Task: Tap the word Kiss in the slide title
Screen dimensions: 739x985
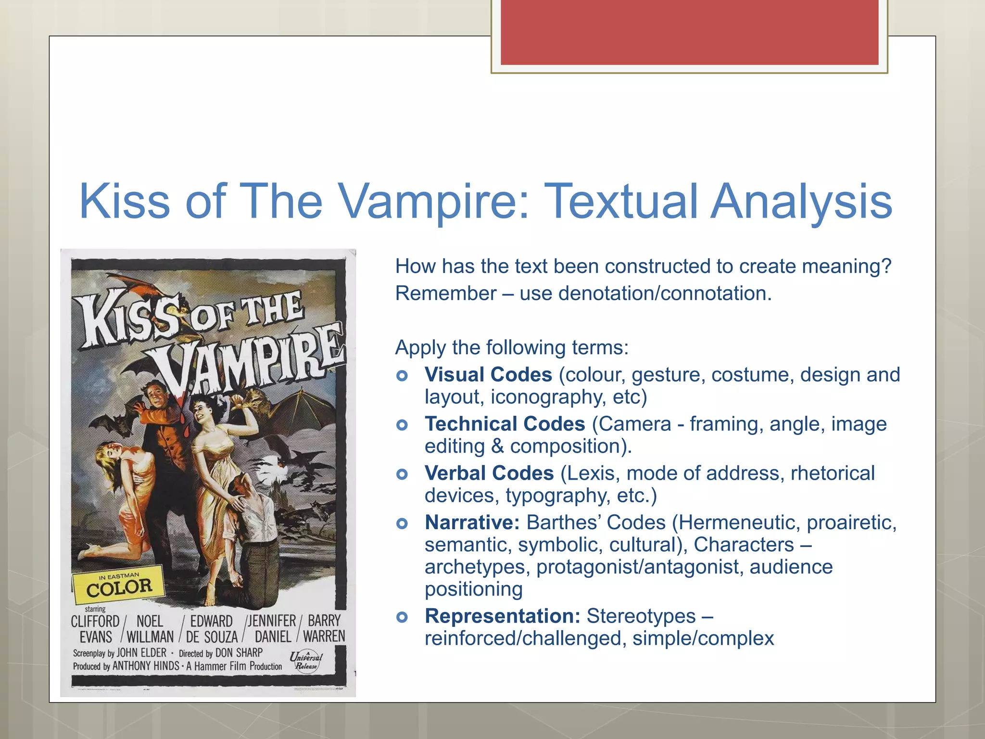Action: (x=124, y=201)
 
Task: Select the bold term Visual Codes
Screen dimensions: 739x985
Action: (x=488, y=375)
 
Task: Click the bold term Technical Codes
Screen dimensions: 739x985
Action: (x=505, y=424)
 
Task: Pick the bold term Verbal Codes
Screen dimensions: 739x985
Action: (x=489, y=473)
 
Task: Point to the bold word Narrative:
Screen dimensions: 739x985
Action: (x=472, y=522)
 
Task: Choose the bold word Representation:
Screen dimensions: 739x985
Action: (x=503, y=616)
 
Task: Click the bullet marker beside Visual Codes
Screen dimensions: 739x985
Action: (x=402, y=376)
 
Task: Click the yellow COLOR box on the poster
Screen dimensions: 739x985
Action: (x=118, y=586)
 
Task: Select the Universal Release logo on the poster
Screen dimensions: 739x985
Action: (x=306, y=660)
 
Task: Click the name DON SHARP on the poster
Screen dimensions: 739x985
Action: (x=239, y=653)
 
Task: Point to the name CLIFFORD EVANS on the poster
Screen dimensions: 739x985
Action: (x=95, y=629)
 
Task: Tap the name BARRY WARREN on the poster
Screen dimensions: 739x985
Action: (x=324, y=629)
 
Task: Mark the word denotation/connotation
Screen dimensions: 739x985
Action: (x=665, y=293)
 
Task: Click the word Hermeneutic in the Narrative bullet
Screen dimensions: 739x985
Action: (x=739, y=522)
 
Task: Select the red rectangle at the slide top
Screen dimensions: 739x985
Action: (x=689, y=32)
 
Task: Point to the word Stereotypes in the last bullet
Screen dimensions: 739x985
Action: (x=641, y=616)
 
